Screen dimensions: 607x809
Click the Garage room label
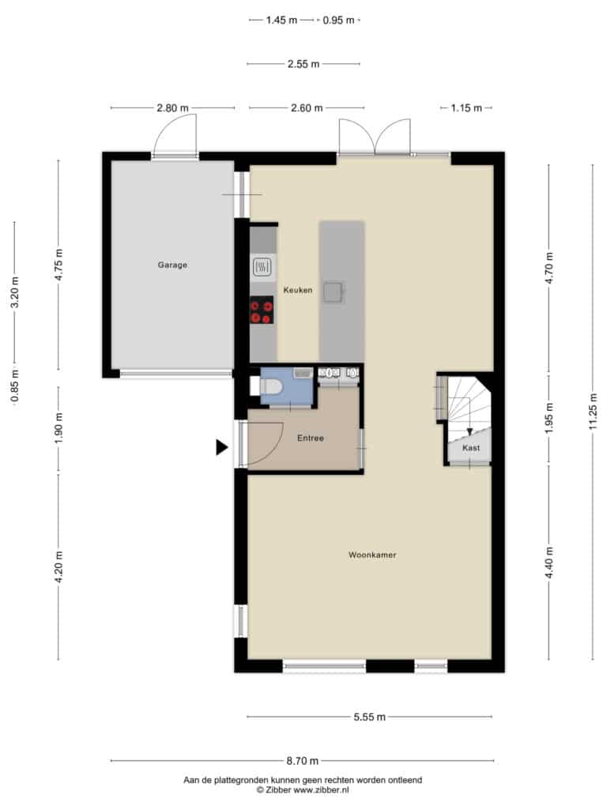tap(172, 265)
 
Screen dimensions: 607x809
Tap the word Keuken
tap(298, 291)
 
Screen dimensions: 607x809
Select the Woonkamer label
tap(372, 555)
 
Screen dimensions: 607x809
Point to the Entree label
tap(310, 438)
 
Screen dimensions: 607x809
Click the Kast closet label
tap(471, 448)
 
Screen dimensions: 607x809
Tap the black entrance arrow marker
tap(221, 447)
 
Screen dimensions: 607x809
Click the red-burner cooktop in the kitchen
tap(262, 310)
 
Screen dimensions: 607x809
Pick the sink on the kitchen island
tap(334, 292)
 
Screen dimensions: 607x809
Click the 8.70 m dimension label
tap(303, 761)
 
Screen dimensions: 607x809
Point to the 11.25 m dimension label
tap(593, 411)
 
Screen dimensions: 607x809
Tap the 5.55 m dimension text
tap(370, 717)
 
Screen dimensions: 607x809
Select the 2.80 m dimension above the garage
tap(172, 107)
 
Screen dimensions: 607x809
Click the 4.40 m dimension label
tap(549, 563)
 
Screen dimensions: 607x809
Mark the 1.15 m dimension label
tap(466, 107)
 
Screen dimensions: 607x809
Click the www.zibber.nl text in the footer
tap(321, 790)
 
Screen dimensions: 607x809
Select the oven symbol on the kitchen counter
tap(262, 267)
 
